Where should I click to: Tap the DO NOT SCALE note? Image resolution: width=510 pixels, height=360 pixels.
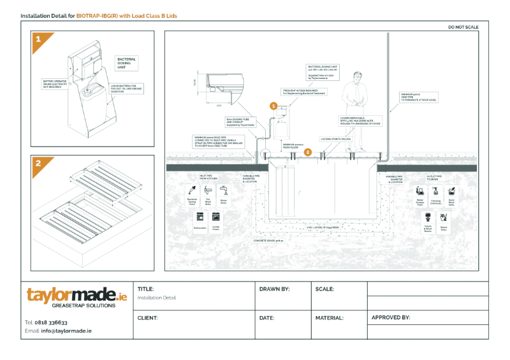463,27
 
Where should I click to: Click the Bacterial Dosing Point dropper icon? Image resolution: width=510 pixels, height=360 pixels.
192,190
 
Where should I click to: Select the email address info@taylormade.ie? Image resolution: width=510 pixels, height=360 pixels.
66,331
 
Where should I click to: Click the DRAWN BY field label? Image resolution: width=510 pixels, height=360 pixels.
274,289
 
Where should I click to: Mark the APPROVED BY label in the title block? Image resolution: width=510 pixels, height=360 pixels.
390,317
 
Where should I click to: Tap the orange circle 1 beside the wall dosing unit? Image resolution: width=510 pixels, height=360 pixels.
273,106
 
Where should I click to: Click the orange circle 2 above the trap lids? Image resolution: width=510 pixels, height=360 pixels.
308,152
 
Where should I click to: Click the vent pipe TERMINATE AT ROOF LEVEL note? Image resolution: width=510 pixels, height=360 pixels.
418,97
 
